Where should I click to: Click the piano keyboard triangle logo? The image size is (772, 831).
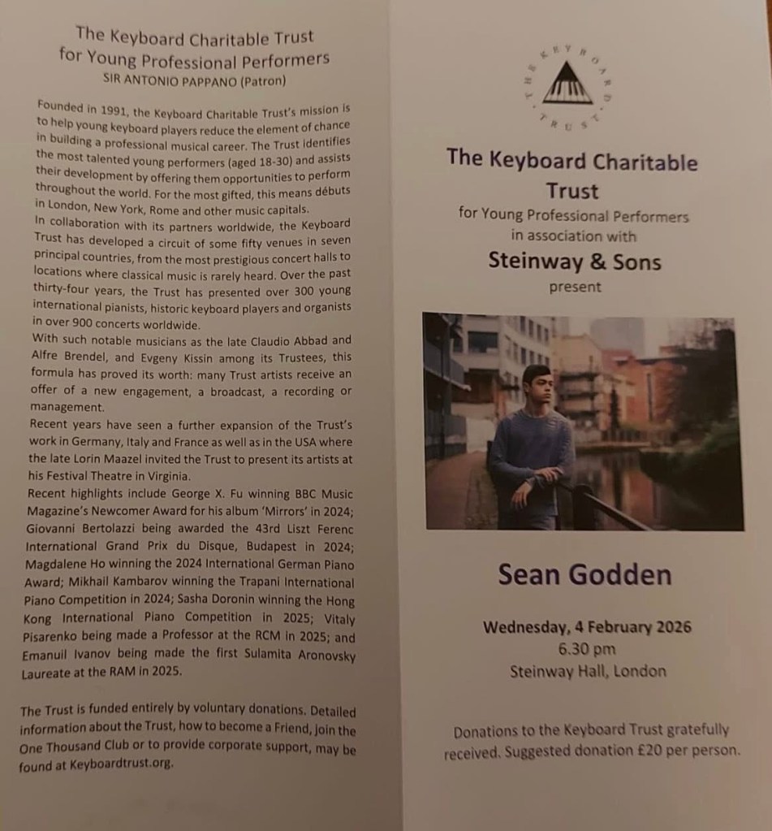point(567,84)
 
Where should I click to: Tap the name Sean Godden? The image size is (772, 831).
point(584,574)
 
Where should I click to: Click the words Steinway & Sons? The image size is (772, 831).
point(575,261)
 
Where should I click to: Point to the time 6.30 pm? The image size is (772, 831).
point(586,649)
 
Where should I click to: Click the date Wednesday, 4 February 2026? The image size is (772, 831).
point(587,627)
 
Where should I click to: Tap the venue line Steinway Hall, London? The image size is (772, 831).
point(588,672)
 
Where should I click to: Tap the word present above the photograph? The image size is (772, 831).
point(576,287)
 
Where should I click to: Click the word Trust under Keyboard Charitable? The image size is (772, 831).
point(572,191)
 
